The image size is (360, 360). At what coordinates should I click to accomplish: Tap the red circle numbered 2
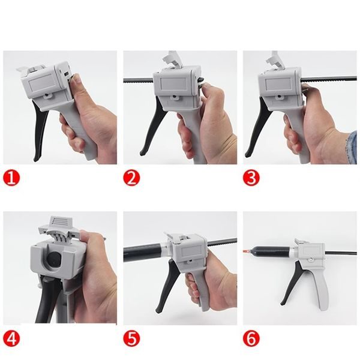pyautogui.click(x=131, y=178)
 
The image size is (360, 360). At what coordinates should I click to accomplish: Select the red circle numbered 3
pyautogui.click(x=251, y=178)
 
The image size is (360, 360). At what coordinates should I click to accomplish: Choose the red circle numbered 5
pyautogui.click(x=131, y=340)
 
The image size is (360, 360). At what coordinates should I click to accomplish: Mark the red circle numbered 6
pyautogui.click(x=251, y=340)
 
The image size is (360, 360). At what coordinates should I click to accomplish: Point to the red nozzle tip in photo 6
pyautogui.click(x=246, y=247)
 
